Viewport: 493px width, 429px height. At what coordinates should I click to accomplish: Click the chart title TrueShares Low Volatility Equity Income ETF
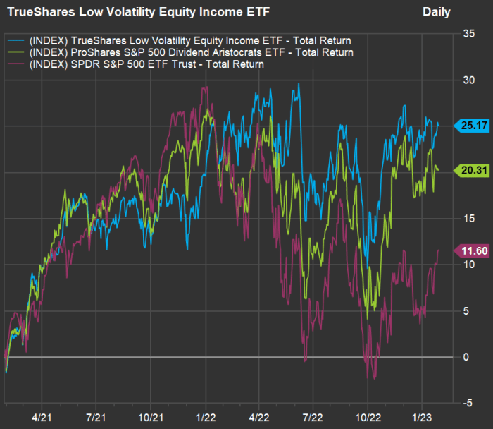(x=138, y=12)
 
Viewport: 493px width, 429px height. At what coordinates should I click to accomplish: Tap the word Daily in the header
(x=437, y=12)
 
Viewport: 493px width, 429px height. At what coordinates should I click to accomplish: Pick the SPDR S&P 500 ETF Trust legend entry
(x=144, y=64)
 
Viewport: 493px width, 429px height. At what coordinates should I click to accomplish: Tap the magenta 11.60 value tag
(x=469, y=250)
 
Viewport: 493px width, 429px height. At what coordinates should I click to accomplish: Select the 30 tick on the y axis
(x=466, y=80)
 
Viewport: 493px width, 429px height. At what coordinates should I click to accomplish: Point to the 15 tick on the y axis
(x=466, y=218)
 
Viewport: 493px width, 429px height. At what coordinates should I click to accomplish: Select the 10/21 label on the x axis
(x=150, y=417)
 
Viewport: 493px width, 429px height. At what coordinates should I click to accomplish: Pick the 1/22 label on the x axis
(x=206, y=417)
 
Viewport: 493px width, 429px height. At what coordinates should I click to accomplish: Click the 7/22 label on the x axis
(x=313, y=417)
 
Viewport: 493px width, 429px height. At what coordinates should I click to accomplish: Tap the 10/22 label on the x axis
(x=368, y=417)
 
